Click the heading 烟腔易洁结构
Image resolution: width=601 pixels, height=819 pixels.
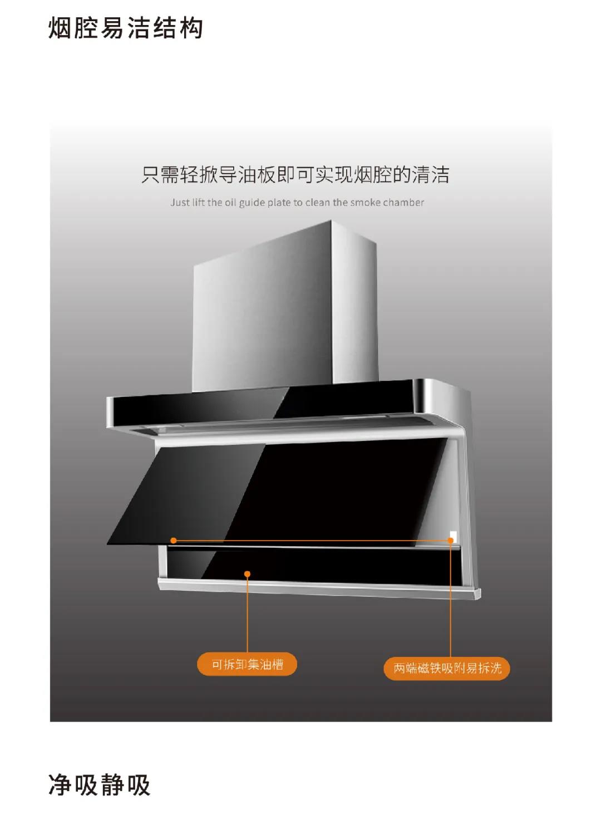(x=126, y=28)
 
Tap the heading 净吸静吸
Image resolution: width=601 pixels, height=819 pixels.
(x=100, y=784)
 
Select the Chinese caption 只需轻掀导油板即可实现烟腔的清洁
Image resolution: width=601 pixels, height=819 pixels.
(x=295, y=175)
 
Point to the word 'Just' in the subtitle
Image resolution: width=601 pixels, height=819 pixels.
(x=180, y=203)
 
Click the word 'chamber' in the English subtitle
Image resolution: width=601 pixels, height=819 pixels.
(x=403, y=203)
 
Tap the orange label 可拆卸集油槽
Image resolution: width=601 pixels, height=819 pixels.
(x=247, y=664)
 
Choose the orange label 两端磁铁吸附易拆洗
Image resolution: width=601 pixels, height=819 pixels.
(x=447, y=668)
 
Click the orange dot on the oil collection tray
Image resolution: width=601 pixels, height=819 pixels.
(x=248, y=573)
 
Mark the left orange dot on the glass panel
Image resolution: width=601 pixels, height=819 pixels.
(x=174, y=540)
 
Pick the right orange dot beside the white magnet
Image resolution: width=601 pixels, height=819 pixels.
(x=450, y=540)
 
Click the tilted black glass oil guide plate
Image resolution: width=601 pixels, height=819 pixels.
(x=278, y=490)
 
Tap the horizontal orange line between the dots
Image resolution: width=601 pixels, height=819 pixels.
(x=312, y=540)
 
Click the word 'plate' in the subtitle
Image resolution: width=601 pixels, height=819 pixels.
(x=279, y=203)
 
